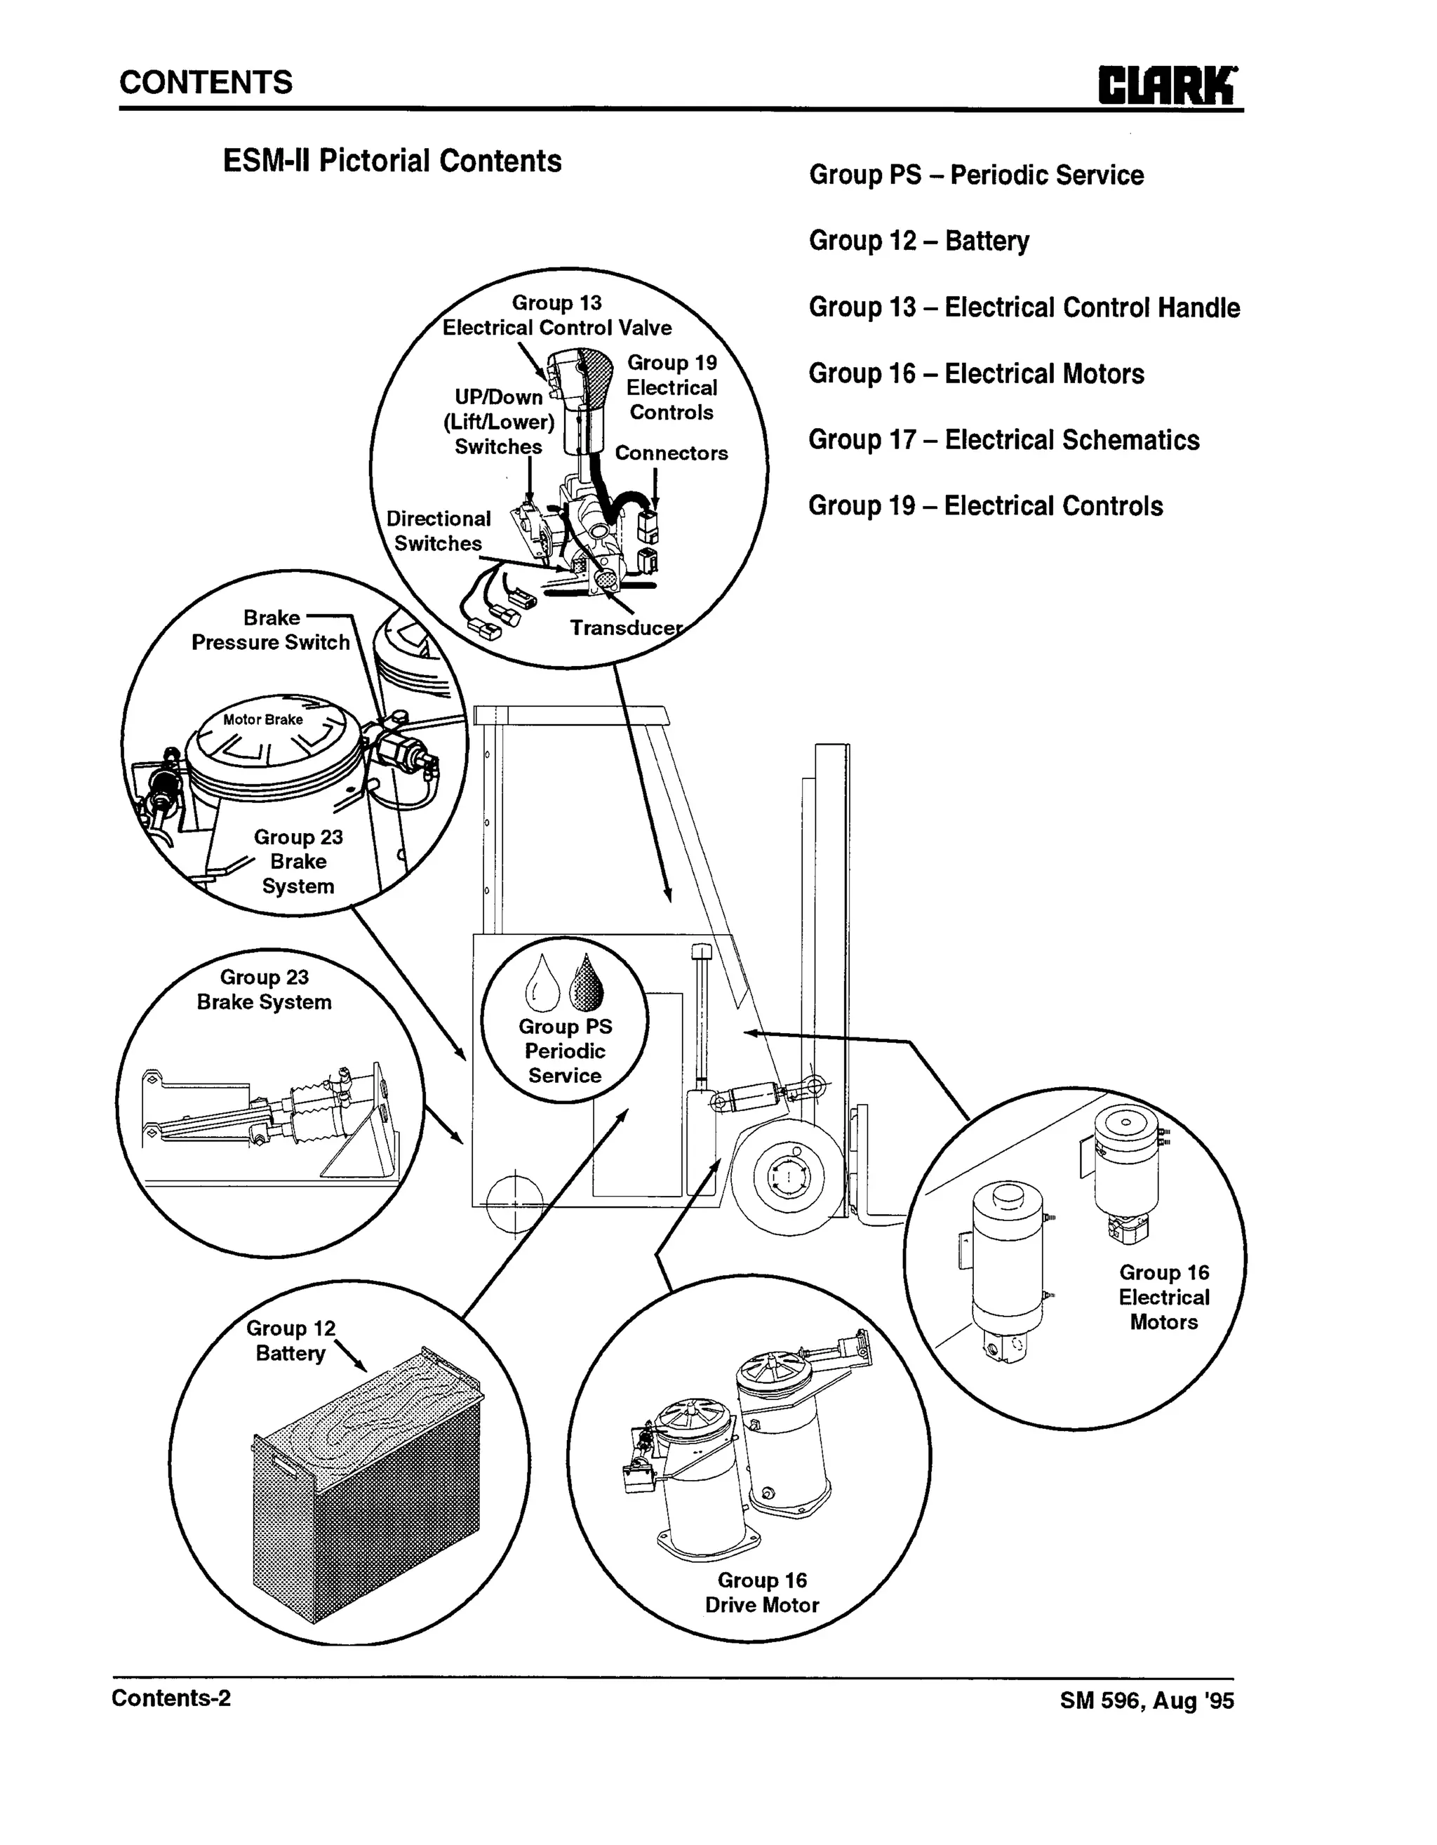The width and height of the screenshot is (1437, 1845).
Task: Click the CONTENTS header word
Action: [206, 83]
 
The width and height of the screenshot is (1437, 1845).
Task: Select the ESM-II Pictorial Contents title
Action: [392, 161]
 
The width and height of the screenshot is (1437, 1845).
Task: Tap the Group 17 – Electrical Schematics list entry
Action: [1003, 440]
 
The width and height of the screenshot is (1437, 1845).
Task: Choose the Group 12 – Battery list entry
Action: [919, 241]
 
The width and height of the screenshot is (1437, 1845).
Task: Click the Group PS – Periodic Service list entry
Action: [976, 175]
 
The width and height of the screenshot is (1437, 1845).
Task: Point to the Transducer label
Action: [625, 627]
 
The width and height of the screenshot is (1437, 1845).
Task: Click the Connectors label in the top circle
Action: [671, 453]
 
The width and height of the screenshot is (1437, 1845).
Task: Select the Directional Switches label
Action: [438, 531]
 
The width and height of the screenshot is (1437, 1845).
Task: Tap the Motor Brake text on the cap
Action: [262, 720]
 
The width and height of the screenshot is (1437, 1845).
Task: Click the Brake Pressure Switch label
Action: [270, 630]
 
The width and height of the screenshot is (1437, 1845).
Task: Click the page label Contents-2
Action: [171, 1698]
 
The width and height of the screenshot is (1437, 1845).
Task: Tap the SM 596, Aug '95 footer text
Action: [1147, 1700]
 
